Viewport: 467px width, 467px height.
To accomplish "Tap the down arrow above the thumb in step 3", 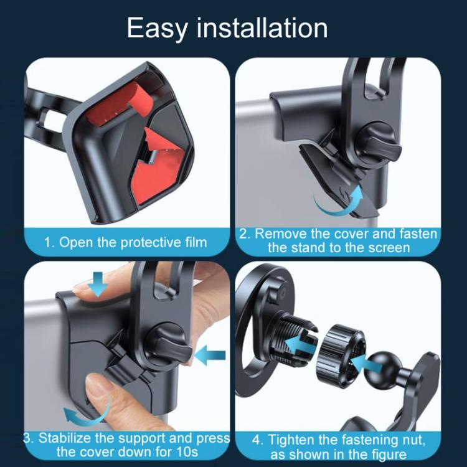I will [98, 285].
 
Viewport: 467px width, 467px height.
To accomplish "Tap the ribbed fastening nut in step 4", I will [333, 352].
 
